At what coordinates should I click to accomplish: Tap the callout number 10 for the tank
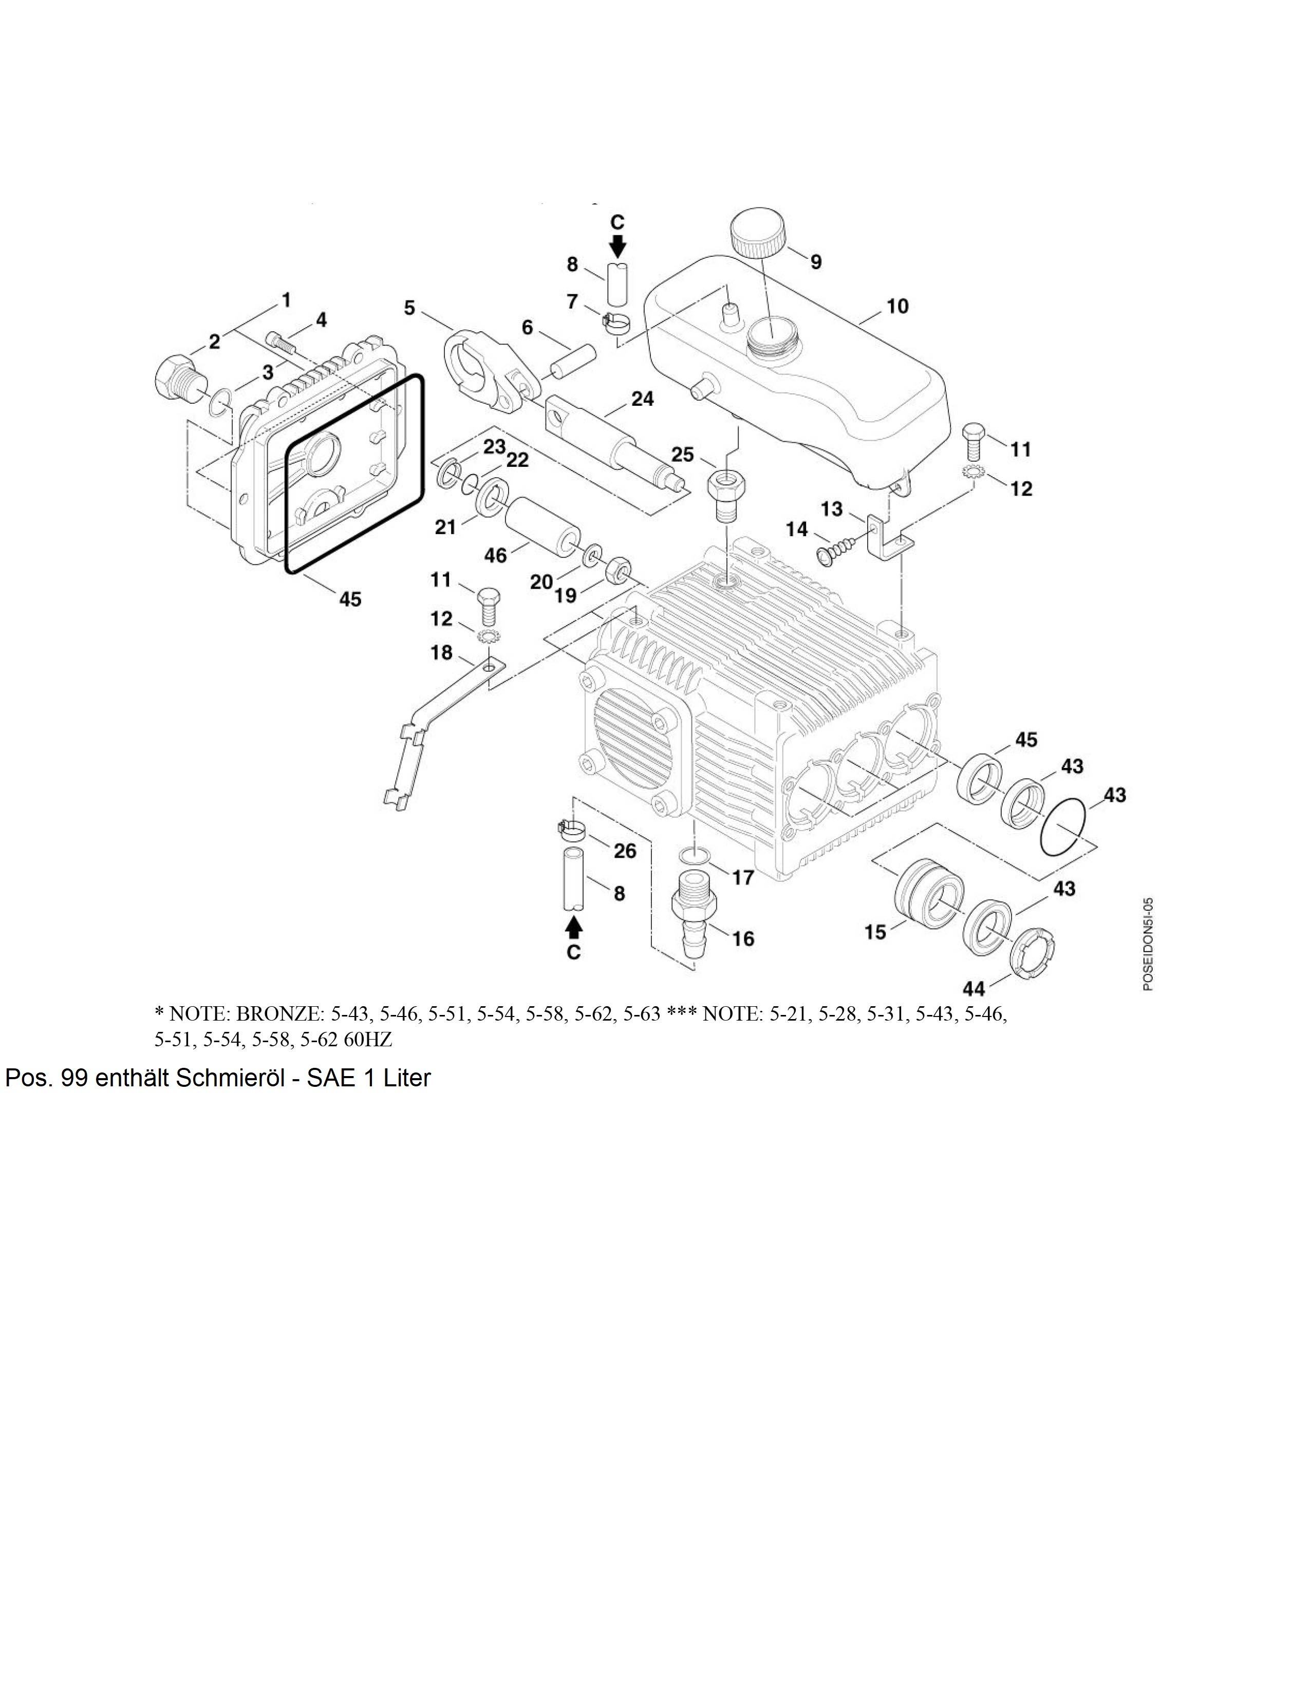point(896,307)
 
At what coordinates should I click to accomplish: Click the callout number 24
point(642,399)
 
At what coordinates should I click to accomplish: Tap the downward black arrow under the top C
point(617,246)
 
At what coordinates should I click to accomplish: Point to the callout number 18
point(442,653)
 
